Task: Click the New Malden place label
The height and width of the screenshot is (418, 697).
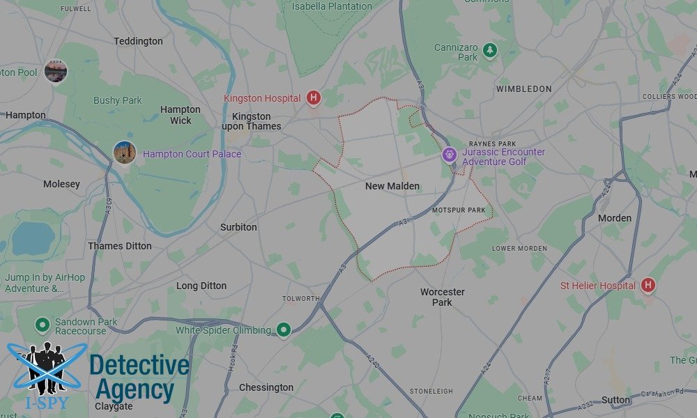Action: (x=392, y=186)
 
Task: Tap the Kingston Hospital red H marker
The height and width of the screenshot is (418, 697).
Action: (x=314, y=98)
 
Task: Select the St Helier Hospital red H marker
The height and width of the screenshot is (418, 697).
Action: (x=648, y=285)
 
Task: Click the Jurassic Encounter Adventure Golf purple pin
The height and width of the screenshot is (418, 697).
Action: (x=450, y=153)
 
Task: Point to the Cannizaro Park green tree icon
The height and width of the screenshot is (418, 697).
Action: (x=490, y=50)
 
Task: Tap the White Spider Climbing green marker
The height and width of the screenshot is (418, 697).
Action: (x=284, y=330)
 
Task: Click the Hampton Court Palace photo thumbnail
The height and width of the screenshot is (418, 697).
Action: (x=124, y=152)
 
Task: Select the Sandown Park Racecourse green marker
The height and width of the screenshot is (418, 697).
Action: (x=43, y=324)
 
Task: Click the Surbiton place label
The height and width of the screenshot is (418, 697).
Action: (x=238, y=227)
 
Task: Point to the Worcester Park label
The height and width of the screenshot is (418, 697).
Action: (x=442, y=297)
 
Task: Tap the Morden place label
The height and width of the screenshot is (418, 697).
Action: (x=615, y=218)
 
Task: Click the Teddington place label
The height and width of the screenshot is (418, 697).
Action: (x=138, y=41)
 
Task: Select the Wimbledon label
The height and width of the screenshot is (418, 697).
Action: (x=523, y=89)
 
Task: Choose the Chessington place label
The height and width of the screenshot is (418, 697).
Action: (x=266, y=387)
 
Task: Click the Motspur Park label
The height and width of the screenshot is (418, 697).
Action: (x=458, y=210)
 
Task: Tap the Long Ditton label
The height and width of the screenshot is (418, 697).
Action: (x=201, y=286)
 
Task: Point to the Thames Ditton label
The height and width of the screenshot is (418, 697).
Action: (x=120, y=246)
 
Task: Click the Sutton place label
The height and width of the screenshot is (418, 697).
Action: (x=616, y=400)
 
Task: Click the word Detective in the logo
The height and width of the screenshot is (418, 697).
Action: (x=139, y=366)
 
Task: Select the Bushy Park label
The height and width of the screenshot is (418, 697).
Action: (x=118, y=100)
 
